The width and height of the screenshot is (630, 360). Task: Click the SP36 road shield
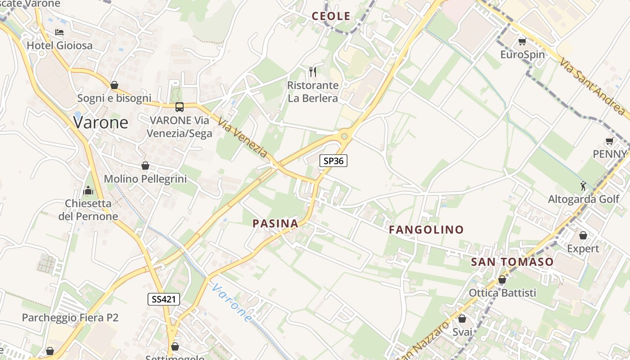tap(333, 161)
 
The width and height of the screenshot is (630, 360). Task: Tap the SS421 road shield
tap(164, 299)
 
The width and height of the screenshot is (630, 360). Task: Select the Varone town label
tap(101, 122)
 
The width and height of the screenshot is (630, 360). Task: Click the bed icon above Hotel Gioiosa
tap(59, 32)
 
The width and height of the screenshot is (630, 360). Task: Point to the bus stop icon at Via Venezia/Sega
tap(179, 107)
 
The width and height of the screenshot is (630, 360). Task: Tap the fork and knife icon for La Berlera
tap(313, 72)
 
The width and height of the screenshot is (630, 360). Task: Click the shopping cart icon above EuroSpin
tap(522, 42)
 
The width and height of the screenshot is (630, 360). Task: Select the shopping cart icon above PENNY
tap(610, 141)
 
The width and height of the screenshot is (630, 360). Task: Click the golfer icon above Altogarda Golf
tap(584, 185)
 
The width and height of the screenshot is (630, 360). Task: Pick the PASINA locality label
tap(275, 224)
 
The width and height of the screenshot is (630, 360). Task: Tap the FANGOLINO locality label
tap(426, 230)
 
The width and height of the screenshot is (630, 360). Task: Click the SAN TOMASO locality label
tap(512, 262)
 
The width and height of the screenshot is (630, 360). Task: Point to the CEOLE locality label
tap(331, 16)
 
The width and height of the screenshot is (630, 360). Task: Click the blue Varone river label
tap(232, 302)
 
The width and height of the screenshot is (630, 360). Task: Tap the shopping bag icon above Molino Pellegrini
tap(145, 166)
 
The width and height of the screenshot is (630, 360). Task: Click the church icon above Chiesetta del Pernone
tap(88, 190)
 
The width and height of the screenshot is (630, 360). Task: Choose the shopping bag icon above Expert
tap(583, 235)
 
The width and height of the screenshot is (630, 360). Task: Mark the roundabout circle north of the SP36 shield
tap(345, 135)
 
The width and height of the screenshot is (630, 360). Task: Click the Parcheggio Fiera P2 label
tap(70, 318)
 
